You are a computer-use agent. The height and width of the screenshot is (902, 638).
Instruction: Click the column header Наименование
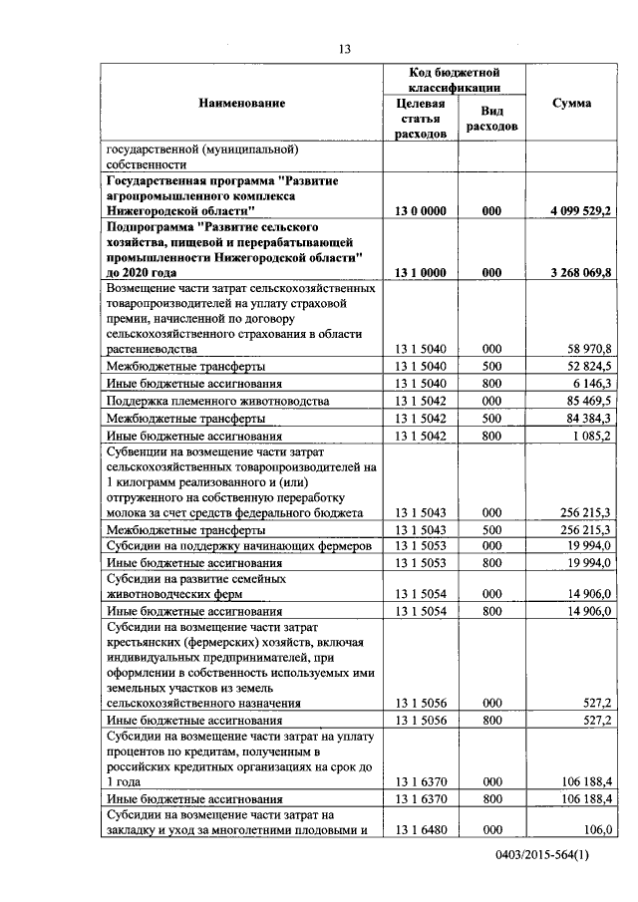click(x=241, y=103)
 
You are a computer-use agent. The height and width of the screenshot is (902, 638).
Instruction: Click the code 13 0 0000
click(x=420, y=212)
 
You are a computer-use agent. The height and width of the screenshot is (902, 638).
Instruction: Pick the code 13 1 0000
click(x=420, y=273)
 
